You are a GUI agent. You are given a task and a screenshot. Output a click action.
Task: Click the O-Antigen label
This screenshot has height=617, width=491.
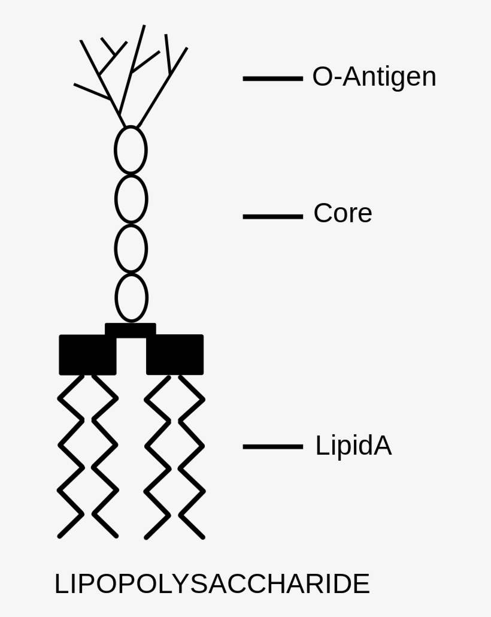(374, 77)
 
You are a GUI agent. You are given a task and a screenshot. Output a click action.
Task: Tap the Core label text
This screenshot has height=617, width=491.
(343, 213)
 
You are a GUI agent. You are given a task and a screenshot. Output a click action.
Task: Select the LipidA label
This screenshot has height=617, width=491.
(353, 446)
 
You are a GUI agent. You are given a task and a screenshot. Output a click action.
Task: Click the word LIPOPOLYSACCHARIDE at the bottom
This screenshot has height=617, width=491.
(212, 584)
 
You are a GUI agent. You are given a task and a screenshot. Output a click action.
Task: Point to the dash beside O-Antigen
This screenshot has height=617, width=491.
(272, 78)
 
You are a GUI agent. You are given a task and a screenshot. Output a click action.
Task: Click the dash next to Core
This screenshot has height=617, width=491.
(272, 216)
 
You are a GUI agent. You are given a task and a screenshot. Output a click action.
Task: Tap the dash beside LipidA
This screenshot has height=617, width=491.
(272, 446)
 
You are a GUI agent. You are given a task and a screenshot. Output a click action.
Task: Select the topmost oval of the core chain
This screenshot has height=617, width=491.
(131, 150)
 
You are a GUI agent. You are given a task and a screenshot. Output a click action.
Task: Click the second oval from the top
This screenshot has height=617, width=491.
(131, 199)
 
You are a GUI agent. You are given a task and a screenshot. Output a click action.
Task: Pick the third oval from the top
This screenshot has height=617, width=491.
(131, 249)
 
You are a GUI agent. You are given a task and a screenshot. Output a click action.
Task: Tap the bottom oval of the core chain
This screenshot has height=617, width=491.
(131, 298)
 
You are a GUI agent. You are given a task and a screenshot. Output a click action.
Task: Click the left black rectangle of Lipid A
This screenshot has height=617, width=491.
(87, 355)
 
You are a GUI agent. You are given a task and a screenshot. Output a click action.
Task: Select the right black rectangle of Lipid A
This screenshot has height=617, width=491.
(175, 355)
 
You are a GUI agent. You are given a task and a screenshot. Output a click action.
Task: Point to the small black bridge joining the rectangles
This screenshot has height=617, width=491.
(131, 329)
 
